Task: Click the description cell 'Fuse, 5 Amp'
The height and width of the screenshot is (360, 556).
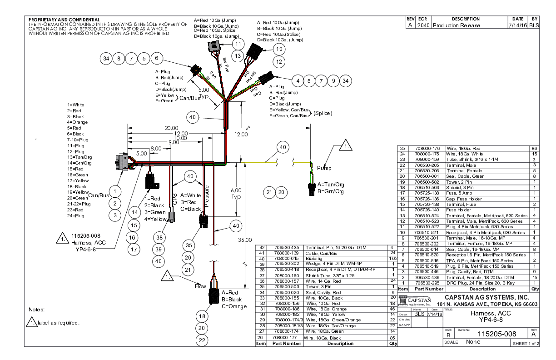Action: (459, 193)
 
